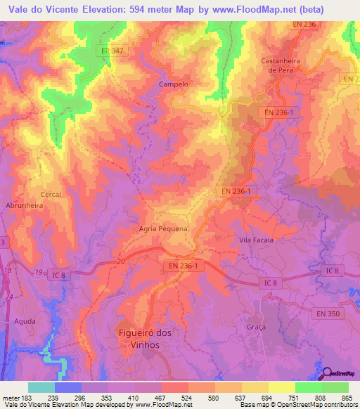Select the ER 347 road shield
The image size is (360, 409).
tap(107, 51)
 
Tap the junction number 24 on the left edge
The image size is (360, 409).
tap(10, 297)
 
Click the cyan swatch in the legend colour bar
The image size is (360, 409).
tap(41, 387)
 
